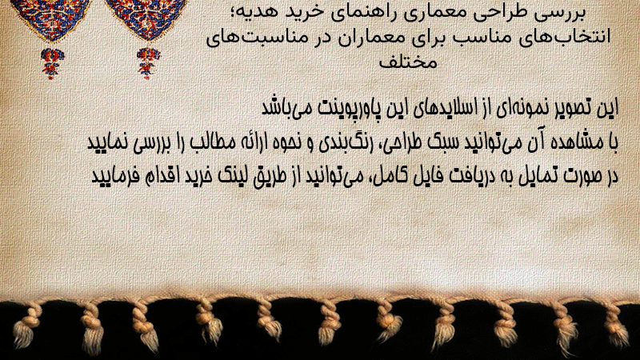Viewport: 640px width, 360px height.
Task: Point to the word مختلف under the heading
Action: pyautogui.click(x=408, y=62)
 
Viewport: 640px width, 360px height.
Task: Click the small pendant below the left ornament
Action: pyautogui.click(x=52, y=63)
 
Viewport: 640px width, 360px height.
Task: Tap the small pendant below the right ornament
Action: pyautogui.click(x=148, y=63)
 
